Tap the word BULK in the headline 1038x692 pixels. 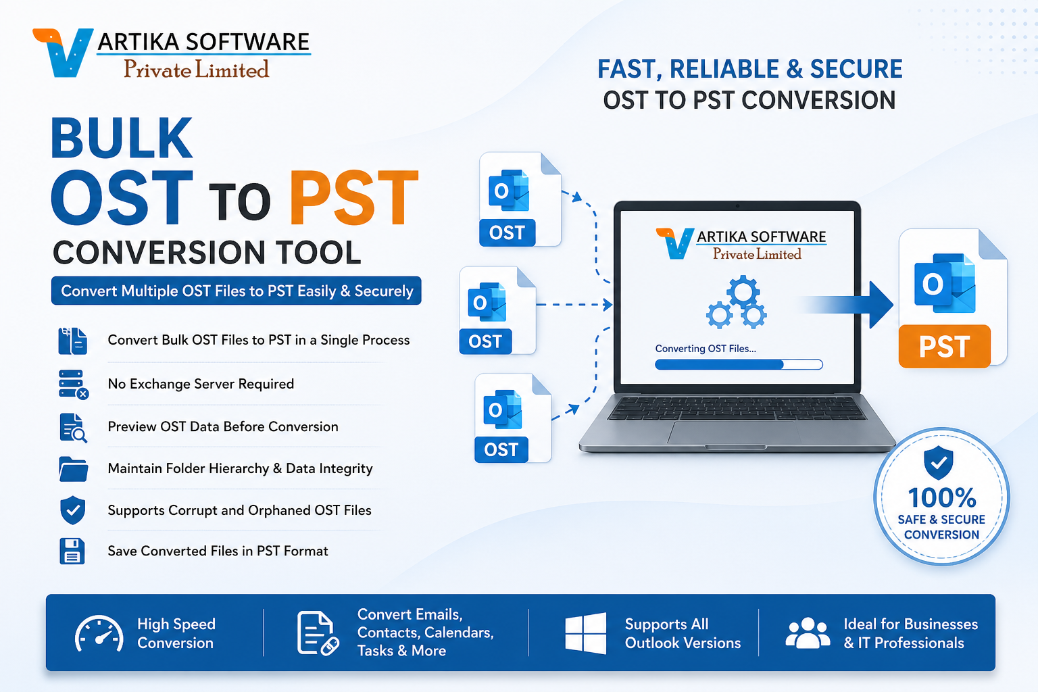[x=122, y=138]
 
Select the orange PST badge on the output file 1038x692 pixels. [x=944, y=346]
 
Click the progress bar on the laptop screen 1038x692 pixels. [x=739, y=365]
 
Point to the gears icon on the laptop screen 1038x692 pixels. [x=737, y=301]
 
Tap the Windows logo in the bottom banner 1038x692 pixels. [x=586, y=633]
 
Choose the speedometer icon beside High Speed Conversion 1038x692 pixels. [x=99, y=633]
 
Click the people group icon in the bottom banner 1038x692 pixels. [x=808, y=633]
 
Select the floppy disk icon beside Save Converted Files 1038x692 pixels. [x=72, y=551]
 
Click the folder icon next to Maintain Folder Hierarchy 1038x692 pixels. [x=73, y=468]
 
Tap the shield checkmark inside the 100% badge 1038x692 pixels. [x=939, y=462]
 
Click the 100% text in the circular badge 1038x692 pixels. [x=942, y=498]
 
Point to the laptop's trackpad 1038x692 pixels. [x=734, y=432]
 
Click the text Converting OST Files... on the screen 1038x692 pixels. [x=706, y=349]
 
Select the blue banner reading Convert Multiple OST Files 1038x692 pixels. [x=237, y=291]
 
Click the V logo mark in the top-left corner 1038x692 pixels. [x=64, y=53]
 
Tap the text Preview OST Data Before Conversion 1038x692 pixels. [x=223, y=426]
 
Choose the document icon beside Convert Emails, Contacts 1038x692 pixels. [x=318, y=633]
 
